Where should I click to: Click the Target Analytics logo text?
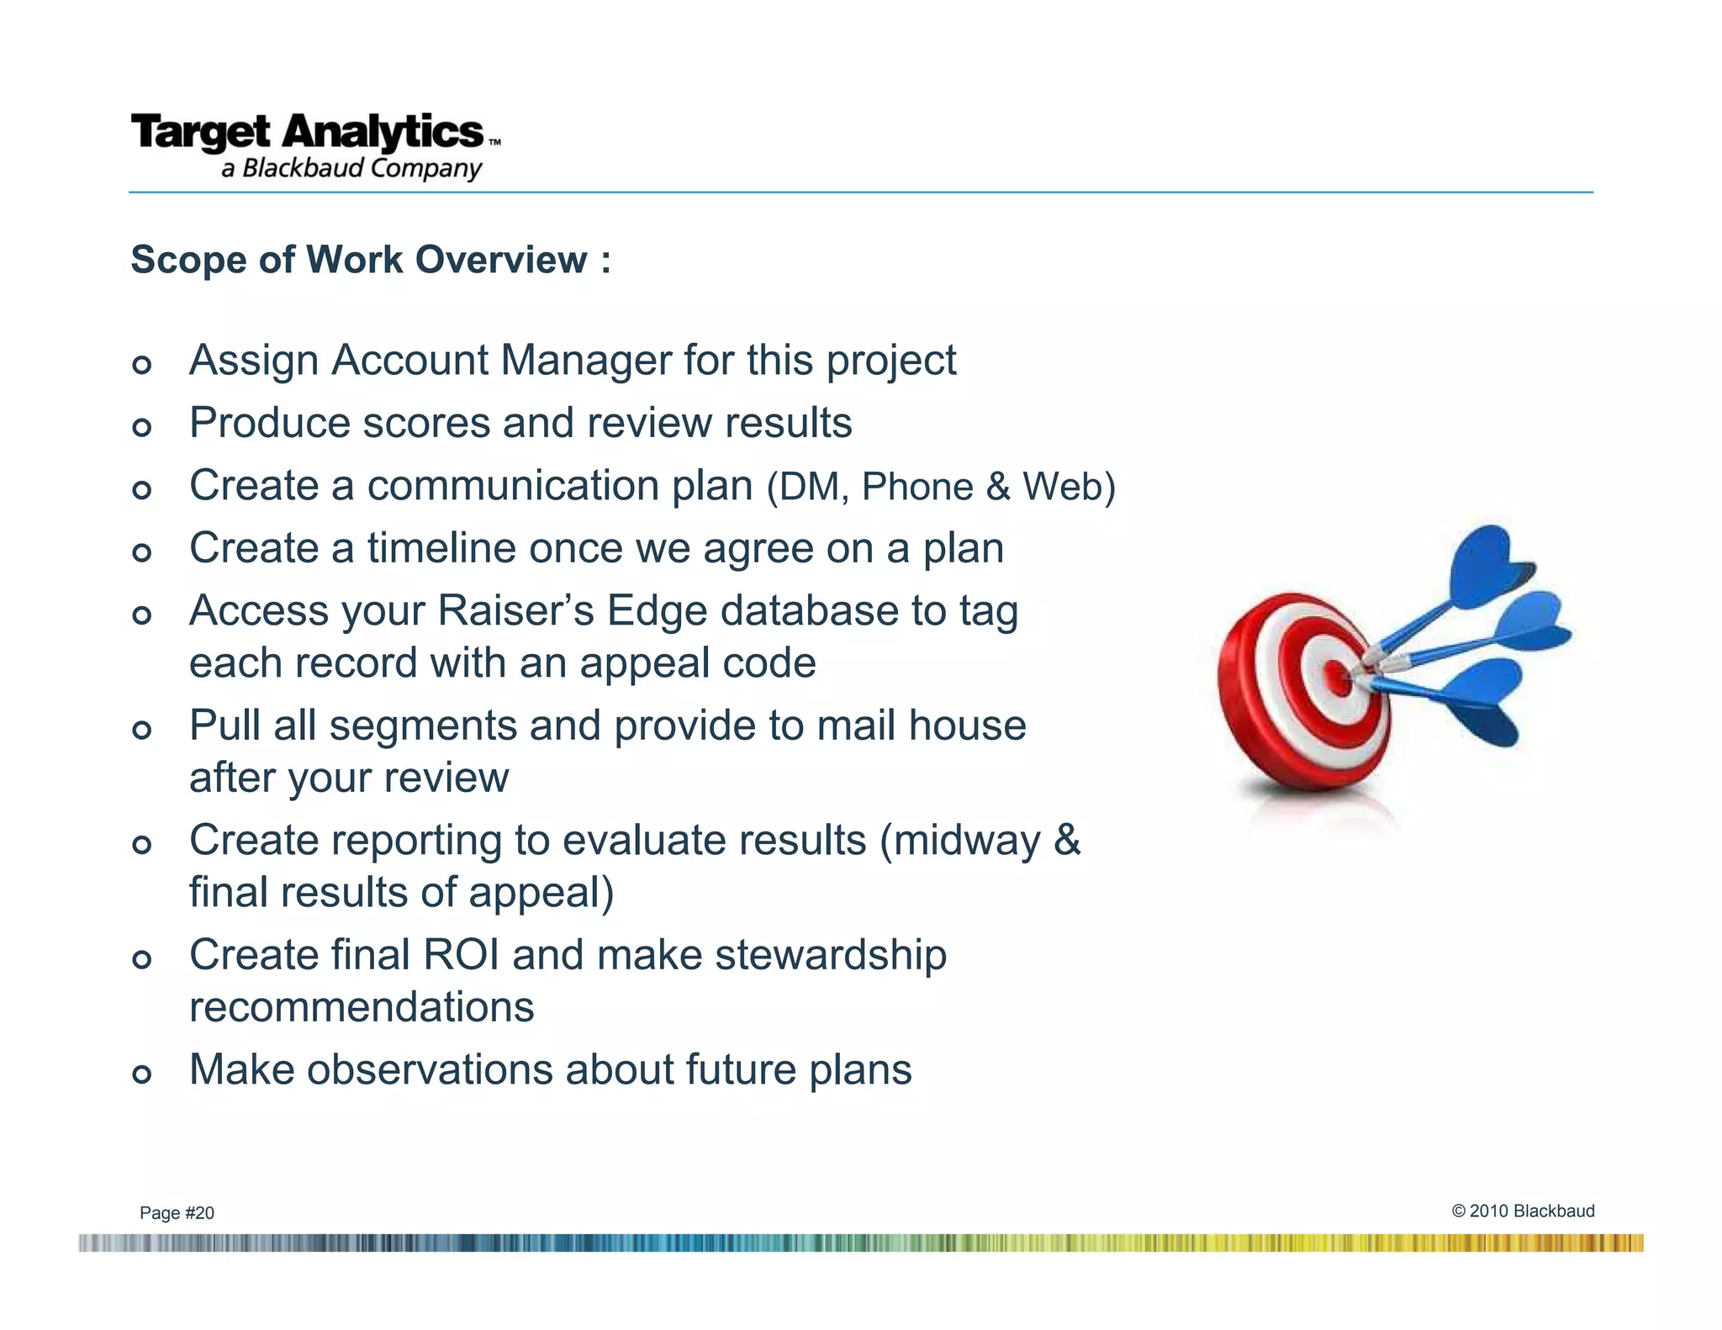(x=308, y=133)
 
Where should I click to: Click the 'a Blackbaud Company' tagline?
(x=351, y=168)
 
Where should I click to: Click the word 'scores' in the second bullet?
(x=425, y=423)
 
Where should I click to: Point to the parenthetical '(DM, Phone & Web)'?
(x=941, y=487)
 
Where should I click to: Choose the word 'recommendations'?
(x=362, y=1007)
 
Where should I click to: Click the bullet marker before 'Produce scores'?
(x=142, y=427)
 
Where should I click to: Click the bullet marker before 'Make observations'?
(x=142, y=1074)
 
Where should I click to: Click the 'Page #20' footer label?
(x=177, y=1212)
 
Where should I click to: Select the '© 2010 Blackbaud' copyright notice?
(x=1523, y=1211)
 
